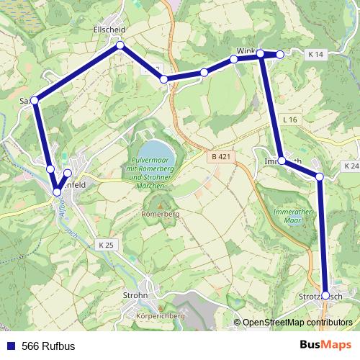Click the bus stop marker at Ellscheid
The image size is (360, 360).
click(x=120, y=45)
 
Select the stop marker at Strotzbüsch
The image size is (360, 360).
click(x=325, y=295)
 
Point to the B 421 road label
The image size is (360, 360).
click(x=222, y=156)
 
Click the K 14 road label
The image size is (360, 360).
click(x=317, y=55)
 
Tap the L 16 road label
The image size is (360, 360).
click(x=290, y=119)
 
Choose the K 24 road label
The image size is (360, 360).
click(x=351, y=166)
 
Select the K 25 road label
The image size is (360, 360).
click(x=104, y=246)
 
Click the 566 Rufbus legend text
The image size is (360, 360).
click(x=48, y=346)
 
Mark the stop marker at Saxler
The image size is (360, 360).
click(x=34, y=100)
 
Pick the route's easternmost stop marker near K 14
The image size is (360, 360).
click(x=280, y=54)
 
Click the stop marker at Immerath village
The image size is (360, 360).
click(x=281, y=161)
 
